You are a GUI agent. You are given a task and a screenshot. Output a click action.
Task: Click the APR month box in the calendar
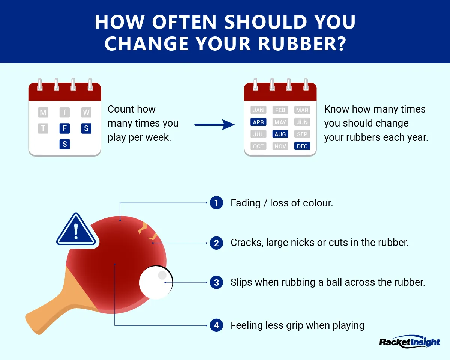pyautogui.click(x=258, y=122)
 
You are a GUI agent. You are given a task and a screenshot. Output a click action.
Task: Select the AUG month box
pyautogui.click(x=280, y=134)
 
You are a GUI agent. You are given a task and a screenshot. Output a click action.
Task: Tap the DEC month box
pyautogui.click(x=302, y=146)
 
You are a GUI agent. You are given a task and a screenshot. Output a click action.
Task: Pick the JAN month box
pyautogui.click(x=258, y=110)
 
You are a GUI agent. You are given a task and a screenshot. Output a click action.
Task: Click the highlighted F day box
pyautogui.click(x=64, y=128)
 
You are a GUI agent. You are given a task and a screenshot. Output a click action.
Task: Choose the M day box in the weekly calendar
pyautogui.click(x=43, y=112)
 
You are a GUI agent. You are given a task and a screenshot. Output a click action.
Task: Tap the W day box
pyautogui.click(x=86, y=112)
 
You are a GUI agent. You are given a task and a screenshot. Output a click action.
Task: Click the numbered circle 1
pyautogui.click(x=216, y=203)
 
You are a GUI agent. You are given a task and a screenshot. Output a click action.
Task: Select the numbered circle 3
pyautogui.click(x=216, y=282)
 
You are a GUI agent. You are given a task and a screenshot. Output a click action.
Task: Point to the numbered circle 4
pyautogui.click(x=216, y=325)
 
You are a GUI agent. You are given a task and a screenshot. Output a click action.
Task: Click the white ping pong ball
pyautogui.click(x=156, y=283)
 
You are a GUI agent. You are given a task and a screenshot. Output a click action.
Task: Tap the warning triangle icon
pyautogui.click(x=76, y=230)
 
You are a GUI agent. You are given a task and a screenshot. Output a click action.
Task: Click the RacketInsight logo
pyautogui.click(x=409, y=342)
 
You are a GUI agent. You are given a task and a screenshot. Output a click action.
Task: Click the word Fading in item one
pyautogui.click(x=246, y=203)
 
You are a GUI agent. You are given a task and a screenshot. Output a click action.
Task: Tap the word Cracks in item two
pyautogui.click(x=246, y=243)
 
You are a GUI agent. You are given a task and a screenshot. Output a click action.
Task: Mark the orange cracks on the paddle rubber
pyautogui.click(x=146, y=231)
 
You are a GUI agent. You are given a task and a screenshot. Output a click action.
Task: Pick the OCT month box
pyautogui.click(x=258, y=146)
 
